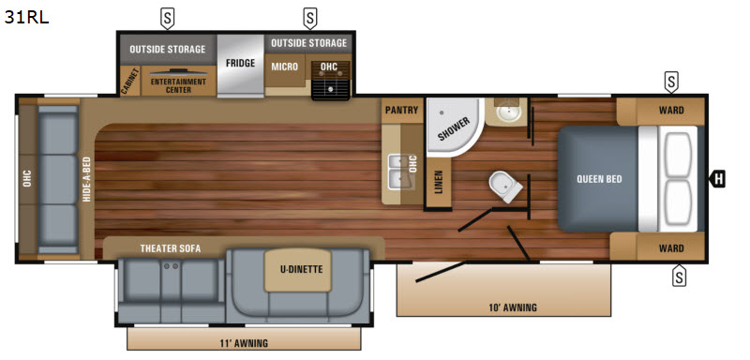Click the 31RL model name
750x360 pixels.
tap(27, 17)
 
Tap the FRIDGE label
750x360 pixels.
tap(240, 63)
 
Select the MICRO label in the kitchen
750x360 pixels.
tap(285, 67)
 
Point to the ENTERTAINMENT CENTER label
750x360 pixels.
tap(178, 85)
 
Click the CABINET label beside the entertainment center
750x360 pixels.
tap(129, 82)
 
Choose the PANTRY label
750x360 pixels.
tap(402, 110)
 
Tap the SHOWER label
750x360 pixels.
tap(454, 128)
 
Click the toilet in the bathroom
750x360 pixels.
tap(506, 186)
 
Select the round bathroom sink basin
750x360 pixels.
tap(505, 112)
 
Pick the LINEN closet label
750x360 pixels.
tap(439, 182)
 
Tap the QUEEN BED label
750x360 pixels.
tap(599, 179)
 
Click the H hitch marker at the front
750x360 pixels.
tap(717, 179)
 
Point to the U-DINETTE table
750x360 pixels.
tap(298, 270)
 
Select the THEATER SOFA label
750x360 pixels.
tap(171, 248)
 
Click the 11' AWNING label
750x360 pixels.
tap(245, 343)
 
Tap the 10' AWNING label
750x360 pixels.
tap(513, 307)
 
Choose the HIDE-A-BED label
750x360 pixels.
tap(86, 179)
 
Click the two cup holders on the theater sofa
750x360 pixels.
tap(171, 266)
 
